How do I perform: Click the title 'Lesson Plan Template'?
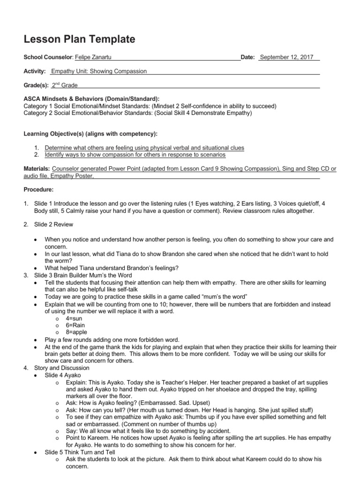[x=79, y=39]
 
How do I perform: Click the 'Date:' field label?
[x=247, y=57]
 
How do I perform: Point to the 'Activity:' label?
[x=35, y=71]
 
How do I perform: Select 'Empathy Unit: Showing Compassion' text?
[x=99, y=71]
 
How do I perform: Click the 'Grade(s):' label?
[x=36, y=85]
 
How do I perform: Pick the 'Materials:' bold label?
[x=37, y=168]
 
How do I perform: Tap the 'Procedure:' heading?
[x=38, y=190]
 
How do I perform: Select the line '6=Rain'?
[x=76, y=325]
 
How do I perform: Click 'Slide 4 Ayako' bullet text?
[x=63, y=375]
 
